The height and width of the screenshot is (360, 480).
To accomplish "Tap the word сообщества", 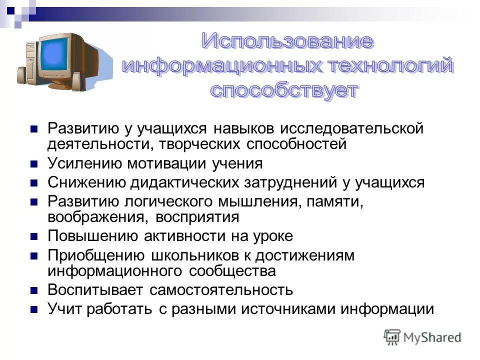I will click(x=232, y=271).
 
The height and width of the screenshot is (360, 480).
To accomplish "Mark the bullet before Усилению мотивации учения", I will click(x=34, y=164).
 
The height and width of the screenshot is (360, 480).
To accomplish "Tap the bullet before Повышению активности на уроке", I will click(x=34, y=236).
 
